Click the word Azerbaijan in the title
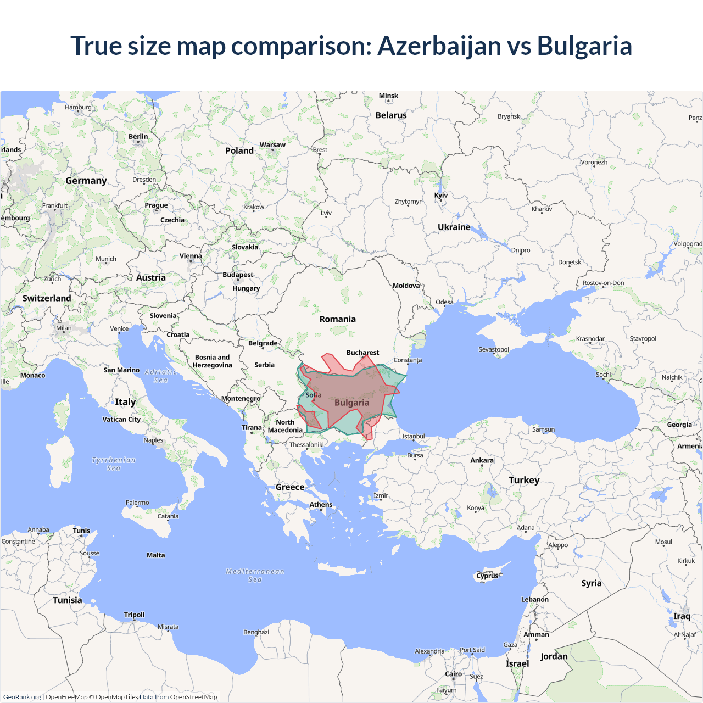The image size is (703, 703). coord(438,46)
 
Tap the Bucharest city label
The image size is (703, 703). coord(362,353)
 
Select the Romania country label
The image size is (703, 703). coord(337,319)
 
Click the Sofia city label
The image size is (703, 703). coord(314,395)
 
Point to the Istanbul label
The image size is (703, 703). coord(413,436)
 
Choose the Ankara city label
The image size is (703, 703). coord(482,460)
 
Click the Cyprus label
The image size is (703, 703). coord(487,576)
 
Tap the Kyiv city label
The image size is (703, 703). coord(441,195)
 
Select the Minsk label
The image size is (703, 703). coord(388,96)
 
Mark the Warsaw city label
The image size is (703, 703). coord(272,145)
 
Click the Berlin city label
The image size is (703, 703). coord(138,136)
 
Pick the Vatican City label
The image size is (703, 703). coord(121,419)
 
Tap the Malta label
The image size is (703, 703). coord(155,555)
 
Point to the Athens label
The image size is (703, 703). coord(321,504)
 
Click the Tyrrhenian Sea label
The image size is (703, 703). coord(113,464)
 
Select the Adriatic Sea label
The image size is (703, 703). coord(161,376)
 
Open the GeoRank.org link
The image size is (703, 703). coord(22,697)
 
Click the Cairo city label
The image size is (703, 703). coord(453,674)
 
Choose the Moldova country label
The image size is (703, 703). coord(406,286)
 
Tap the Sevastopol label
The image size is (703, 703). coord(493,349)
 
